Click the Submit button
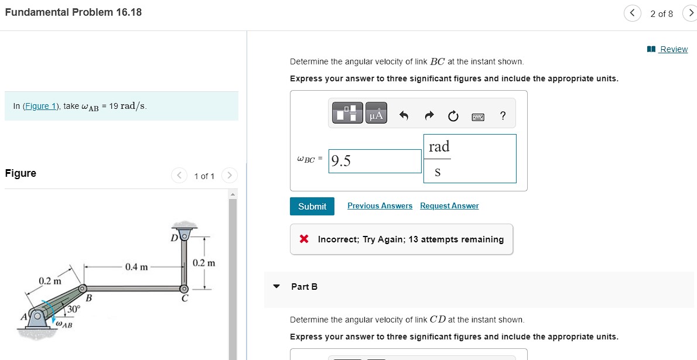pyautogui.click(x=312, y=206)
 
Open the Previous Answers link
pyautogui.click(x=380, y=206)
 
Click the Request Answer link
pyautogui.click(x=449, y=206)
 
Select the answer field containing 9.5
pyautogui.click(x=375, y=161)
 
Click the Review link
pyautogui.click(x=673, y=49)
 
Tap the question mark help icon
pyautogui.click(x=503, y=115)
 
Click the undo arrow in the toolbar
pyautogui.click(x=404, y=115)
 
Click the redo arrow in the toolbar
pyautogui.click(x=428, y=115)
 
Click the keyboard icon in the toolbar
pyautogui.click(x=477, y=116)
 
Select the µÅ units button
pyautogui.click(x=375, y=115)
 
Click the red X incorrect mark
pyautogui.click(x=304, y=239)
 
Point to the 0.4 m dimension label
pyautogui.click(x=136, y=267)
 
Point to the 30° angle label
pyautogui.click(x=73, y=309)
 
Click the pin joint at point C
pyautogui.click(x=184, y=289)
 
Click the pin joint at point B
pyautogui.click(x=83, y=289)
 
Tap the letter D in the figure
pyautogui.click(x=174, y=238)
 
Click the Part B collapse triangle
pyautogui.click(x=277, y=286)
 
